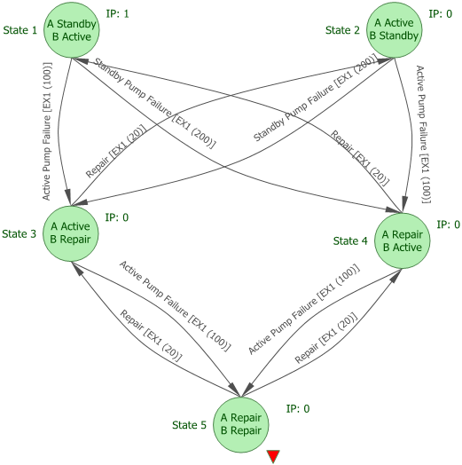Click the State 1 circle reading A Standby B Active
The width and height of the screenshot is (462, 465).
[68, 31]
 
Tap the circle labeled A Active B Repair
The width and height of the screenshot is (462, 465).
[68, 233]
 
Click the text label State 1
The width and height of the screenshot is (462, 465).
[20, 30]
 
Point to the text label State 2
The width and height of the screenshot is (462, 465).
[343, 30]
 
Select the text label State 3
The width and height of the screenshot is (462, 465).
[20, 233]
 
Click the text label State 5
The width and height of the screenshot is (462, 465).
[189, 425]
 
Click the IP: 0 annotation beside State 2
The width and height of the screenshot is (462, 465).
[441, 14]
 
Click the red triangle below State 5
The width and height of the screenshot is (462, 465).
[273, 456]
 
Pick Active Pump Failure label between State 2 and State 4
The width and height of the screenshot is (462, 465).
[424, 131]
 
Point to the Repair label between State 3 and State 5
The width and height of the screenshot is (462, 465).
[151, 335]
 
